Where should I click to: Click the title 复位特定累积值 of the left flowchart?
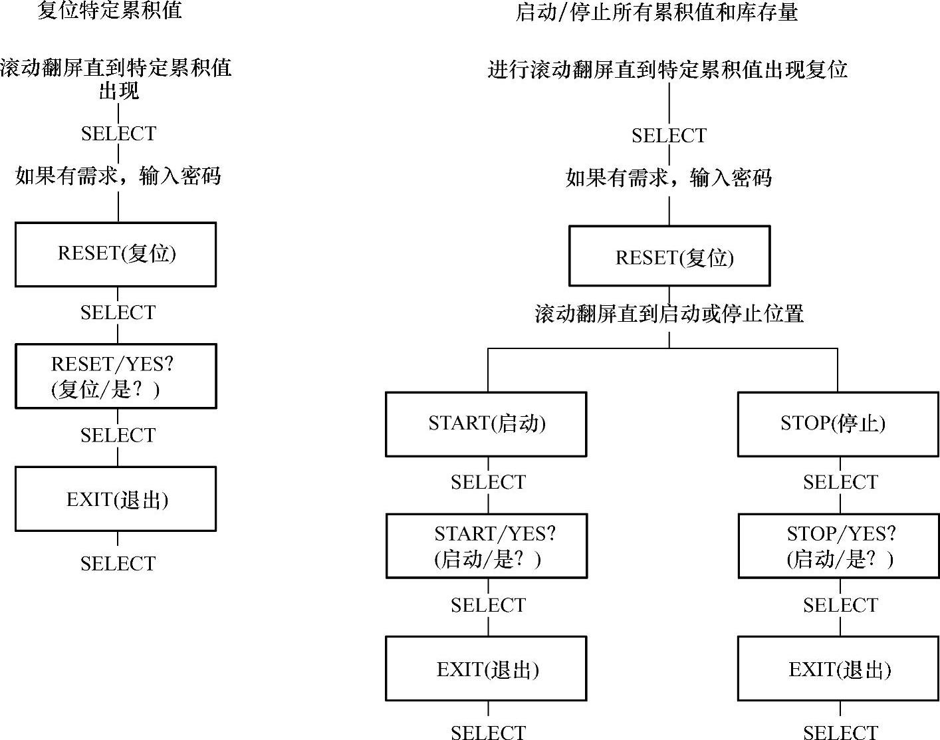(109, 10)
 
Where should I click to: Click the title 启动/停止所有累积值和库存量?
(656, 12)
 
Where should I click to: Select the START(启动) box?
(486, 424)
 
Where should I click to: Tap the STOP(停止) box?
(838, 424)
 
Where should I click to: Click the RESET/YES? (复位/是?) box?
(116, 376)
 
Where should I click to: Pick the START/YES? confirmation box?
(487, 546)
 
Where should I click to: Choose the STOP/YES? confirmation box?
(838, 546)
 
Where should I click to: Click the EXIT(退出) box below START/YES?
(486, 668)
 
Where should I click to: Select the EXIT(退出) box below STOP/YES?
(838, 668)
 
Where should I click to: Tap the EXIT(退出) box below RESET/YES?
(116, 499)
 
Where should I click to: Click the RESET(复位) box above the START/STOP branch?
(669, 256)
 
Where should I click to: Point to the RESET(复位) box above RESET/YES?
(116, 254)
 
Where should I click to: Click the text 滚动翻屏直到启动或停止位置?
(669, 313)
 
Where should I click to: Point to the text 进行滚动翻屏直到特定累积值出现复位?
(667, 69)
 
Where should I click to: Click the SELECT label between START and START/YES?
(488, 482)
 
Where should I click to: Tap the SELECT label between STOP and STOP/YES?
(840, 482)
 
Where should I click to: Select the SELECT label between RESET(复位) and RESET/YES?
(118, 312)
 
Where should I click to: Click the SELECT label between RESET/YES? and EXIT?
(118, 435)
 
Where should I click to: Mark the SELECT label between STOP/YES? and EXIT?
(840, 605)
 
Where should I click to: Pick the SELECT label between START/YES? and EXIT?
(488, 605)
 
